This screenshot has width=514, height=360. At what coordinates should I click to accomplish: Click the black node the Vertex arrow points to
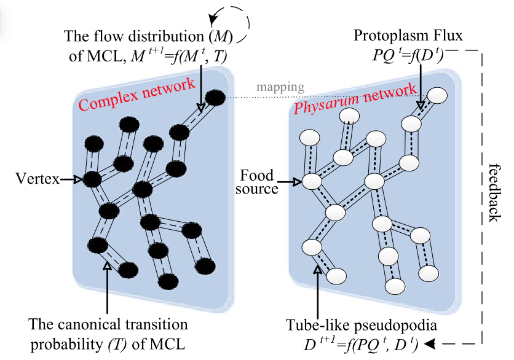coord(92,180)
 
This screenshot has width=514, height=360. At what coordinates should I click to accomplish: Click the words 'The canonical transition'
coord(108,324)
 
